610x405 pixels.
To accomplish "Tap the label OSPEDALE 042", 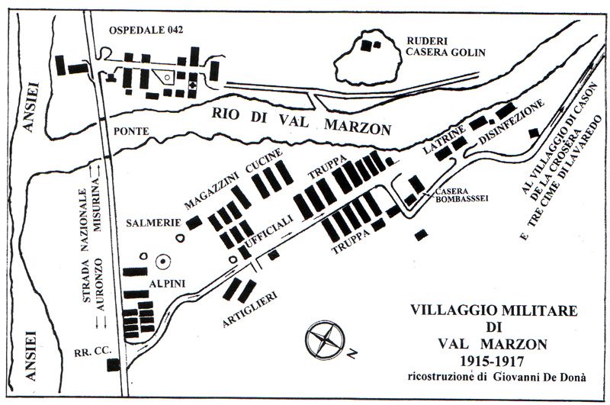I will coord(149,30).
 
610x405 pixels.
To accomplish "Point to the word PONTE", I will coord(127,131).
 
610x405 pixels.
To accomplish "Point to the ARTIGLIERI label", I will coord(251,308).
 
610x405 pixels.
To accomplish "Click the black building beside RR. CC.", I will coord(113,365).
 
